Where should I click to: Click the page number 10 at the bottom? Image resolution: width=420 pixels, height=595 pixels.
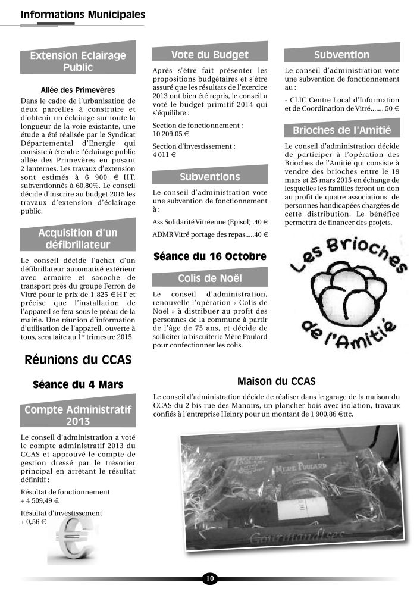tap(209, 578)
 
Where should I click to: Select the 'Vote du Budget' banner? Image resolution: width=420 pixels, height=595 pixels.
tap(209, 55)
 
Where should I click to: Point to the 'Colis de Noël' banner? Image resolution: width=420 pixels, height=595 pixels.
tap(209, 278)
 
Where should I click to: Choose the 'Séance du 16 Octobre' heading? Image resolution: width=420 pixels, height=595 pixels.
tap(209, 257)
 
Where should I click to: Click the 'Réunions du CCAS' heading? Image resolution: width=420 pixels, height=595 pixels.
tap(78, 360)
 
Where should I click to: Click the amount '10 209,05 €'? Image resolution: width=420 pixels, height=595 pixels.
tap(173, 134)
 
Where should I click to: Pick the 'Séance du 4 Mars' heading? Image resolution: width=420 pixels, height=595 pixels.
tap(78, 385)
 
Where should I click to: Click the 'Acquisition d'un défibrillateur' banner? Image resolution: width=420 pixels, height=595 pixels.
tap(78, 238)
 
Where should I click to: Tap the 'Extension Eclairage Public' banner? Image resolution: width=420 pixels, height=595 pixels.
tap(78, 61)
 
